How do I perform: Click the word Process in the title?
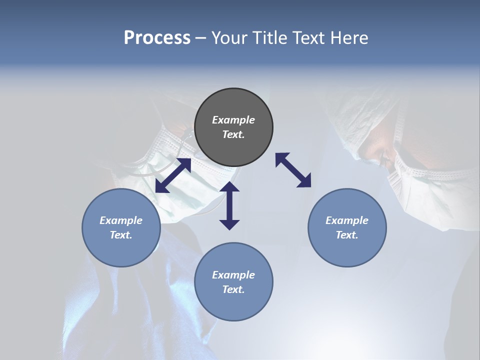tap(157, 38)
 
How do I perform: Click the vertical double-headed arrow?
tap(229, 205)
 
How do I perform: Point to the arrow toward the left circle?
tap(173, 175)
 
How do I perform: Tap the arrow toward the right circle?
tap(293, 170)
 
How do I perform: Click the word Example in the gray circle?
tap(233, 120)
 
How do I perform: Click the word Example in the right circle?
tap(347, 220)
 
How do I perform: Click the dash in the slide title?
tap(200, 38)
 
